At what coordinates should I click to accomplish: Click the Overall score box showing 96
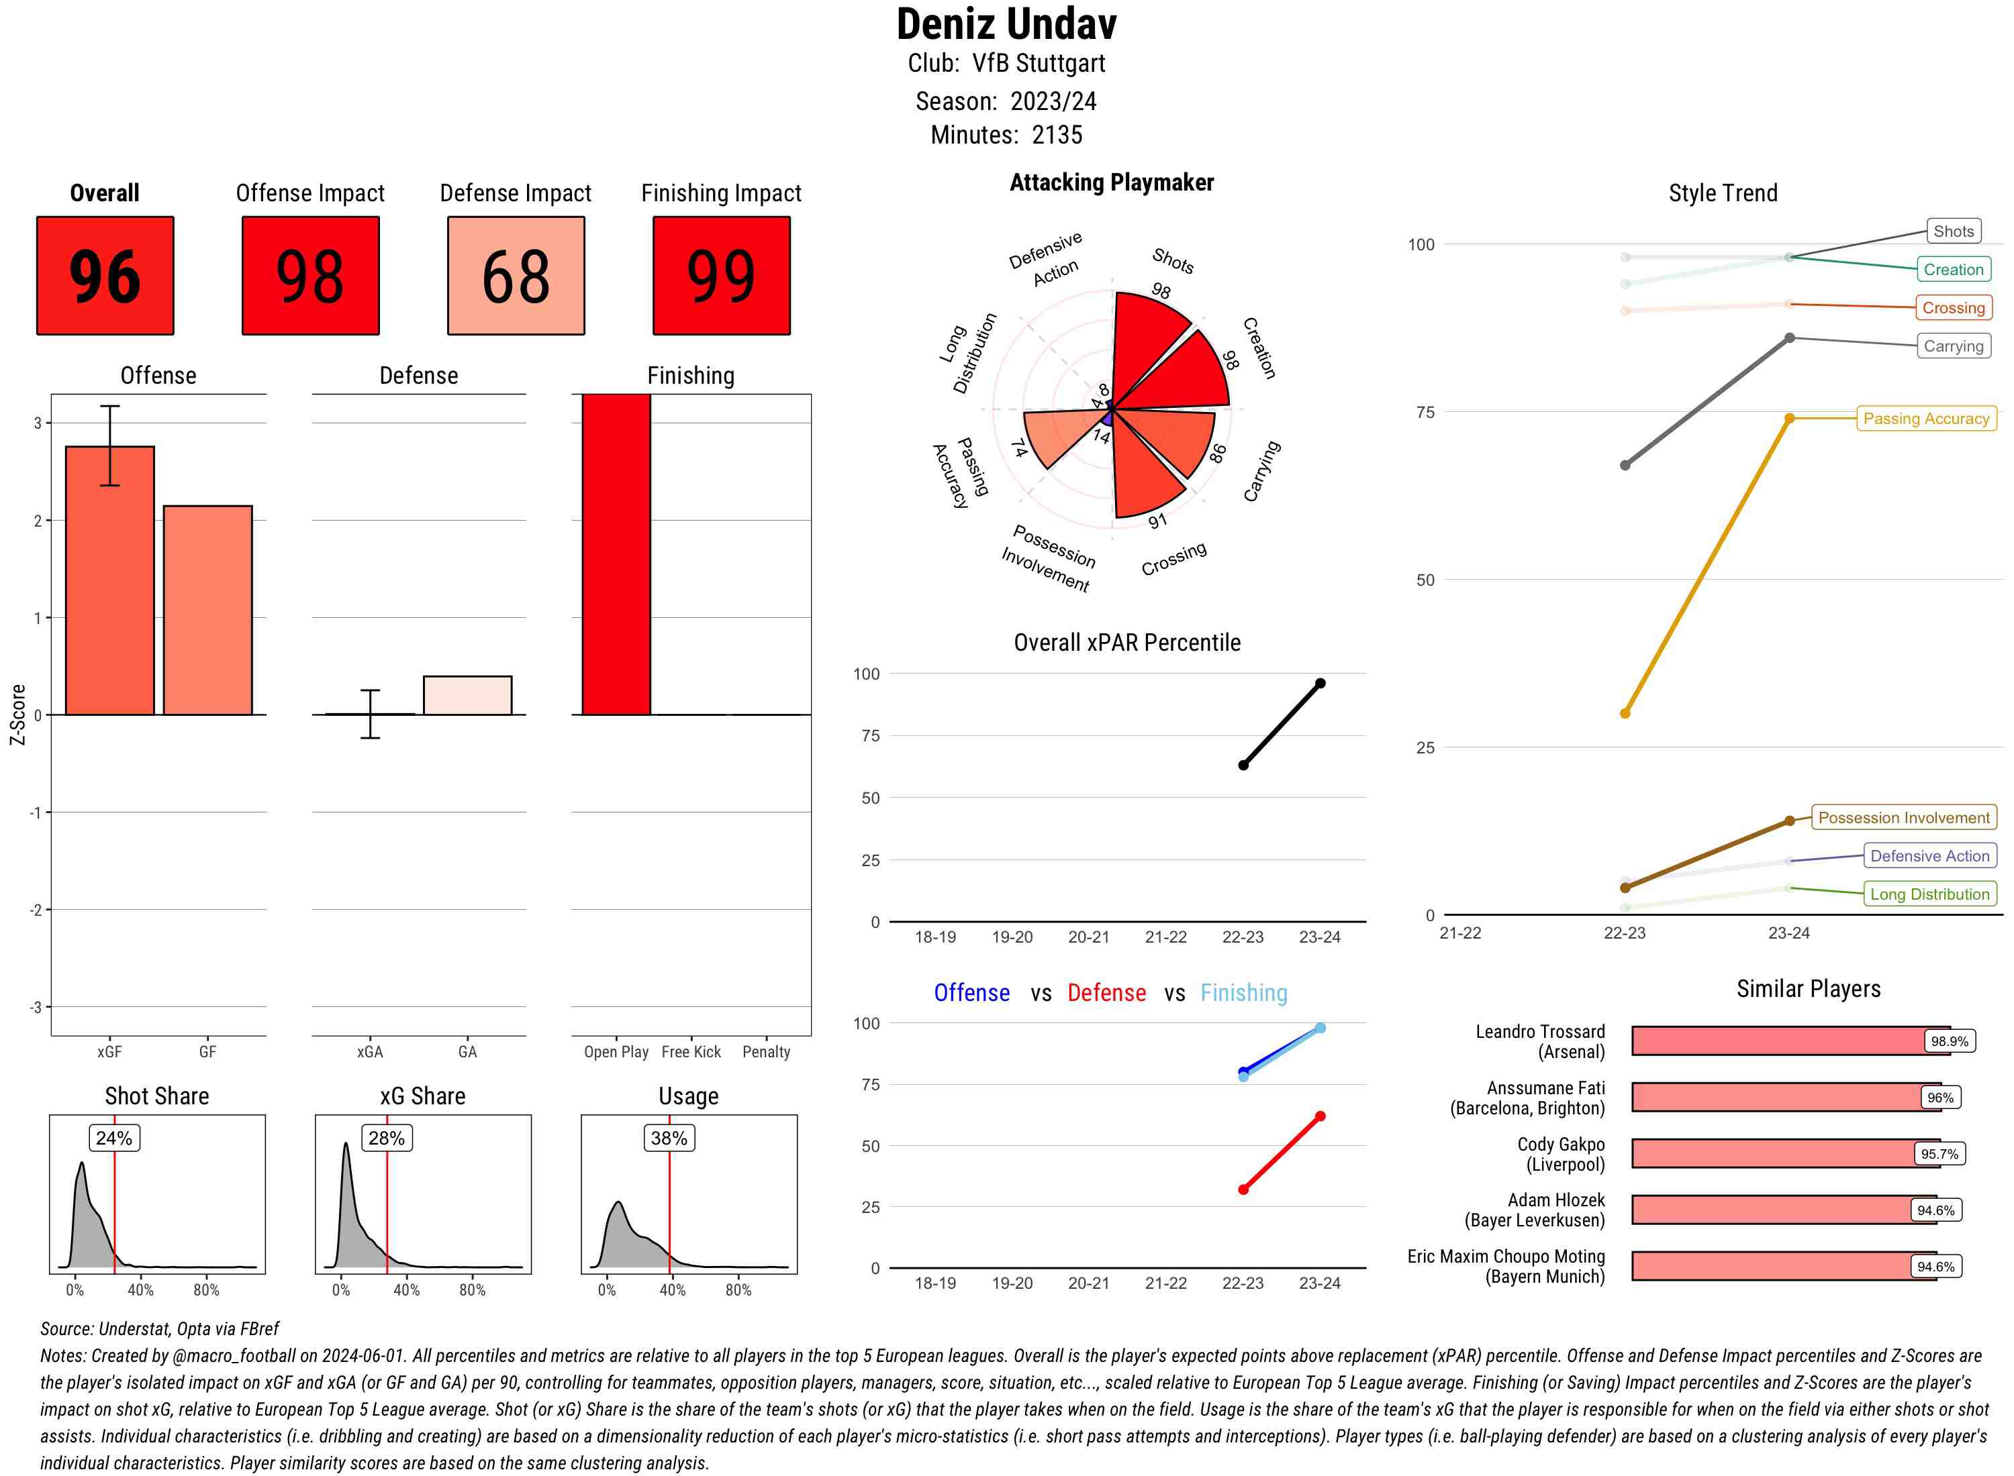105,275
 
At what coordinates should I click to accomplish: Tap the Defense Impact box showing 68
516,275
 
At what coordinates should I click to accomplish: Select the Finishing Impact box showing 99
722,275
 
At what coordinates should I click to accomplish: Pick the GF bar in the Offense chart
207,611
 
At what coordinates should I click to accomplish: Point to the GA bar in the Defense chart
467,695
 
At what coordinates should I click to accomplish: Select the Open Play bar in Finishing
616,554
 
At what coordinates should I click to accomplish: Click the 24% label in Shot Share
114,1137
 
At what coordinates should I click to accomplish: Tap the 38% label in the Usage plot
669,1137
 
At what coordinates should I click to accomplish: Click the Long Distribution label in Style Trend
1929,894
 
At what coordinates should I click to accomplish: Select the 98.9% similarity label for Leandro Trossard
1949,1041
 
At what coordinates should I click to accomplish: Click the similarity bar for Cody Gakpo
1774,1153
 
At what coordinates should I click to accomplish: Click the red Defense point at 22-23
1243,1190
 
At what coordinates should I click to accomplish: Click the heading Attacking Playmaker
1111,182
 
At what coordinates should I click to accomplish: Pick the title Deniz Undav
1006,24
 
